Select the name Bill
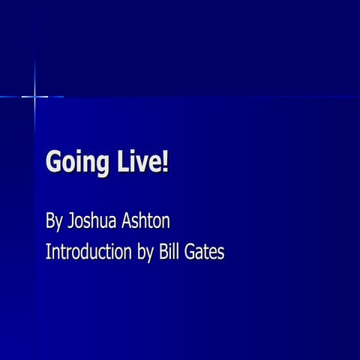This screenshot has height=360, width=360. (169, 251)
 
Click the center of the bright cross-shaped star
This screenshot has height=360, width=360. (34, 96)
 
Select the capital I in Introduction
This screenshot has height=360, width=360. (48, 251)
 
